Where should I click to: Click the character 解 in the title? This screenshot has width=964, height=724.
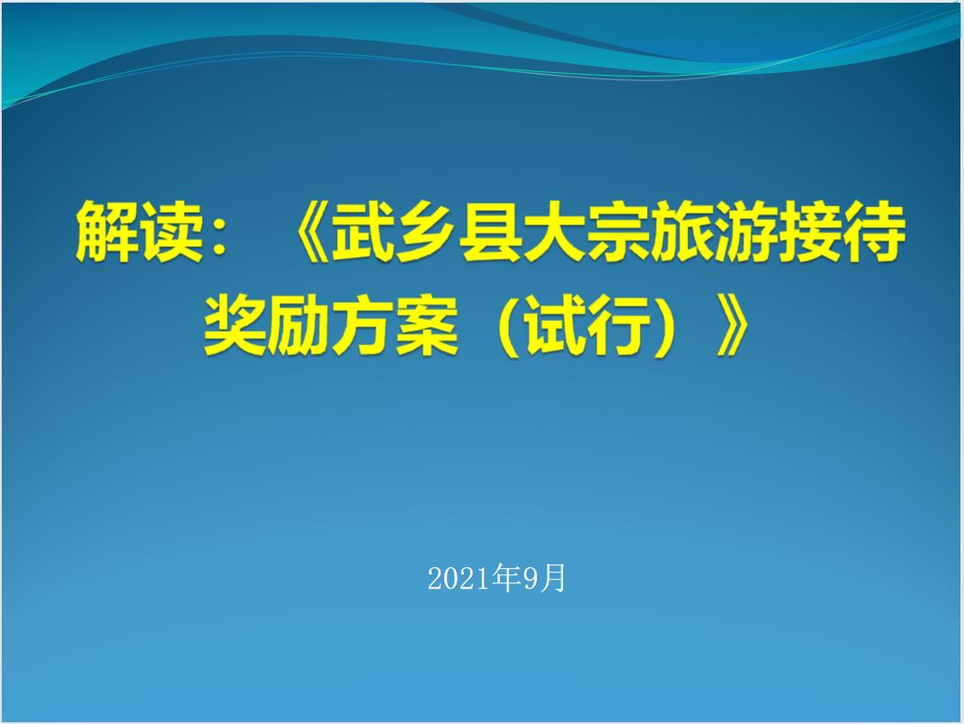point(107,232)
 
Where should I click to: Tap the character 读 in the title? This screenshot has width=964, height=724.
point(171,232)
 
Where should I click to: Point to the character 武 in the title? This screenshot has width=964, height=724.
point(363,232)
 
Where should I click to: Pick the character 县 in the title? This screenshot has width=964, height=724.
point(490,232)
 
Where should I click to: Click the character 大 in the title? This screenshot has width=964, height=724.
point(554,232)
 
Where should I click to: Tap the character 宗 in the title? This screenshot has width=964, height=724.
point(618,232)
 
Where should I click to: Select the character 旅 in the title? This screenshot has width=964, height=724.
point(682,232)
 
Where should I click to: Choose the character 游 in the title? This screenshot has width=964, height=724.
point(746,232)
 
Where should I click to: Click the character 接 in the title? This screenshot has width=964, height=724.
point(810,232)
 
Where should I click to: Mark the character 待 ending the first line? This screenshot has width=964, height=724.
point(874,232)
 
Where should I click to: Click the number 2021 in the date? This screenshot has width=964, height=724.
point(458,578)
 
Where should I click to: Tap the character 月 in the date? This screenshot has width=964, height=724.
point(552,578)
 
